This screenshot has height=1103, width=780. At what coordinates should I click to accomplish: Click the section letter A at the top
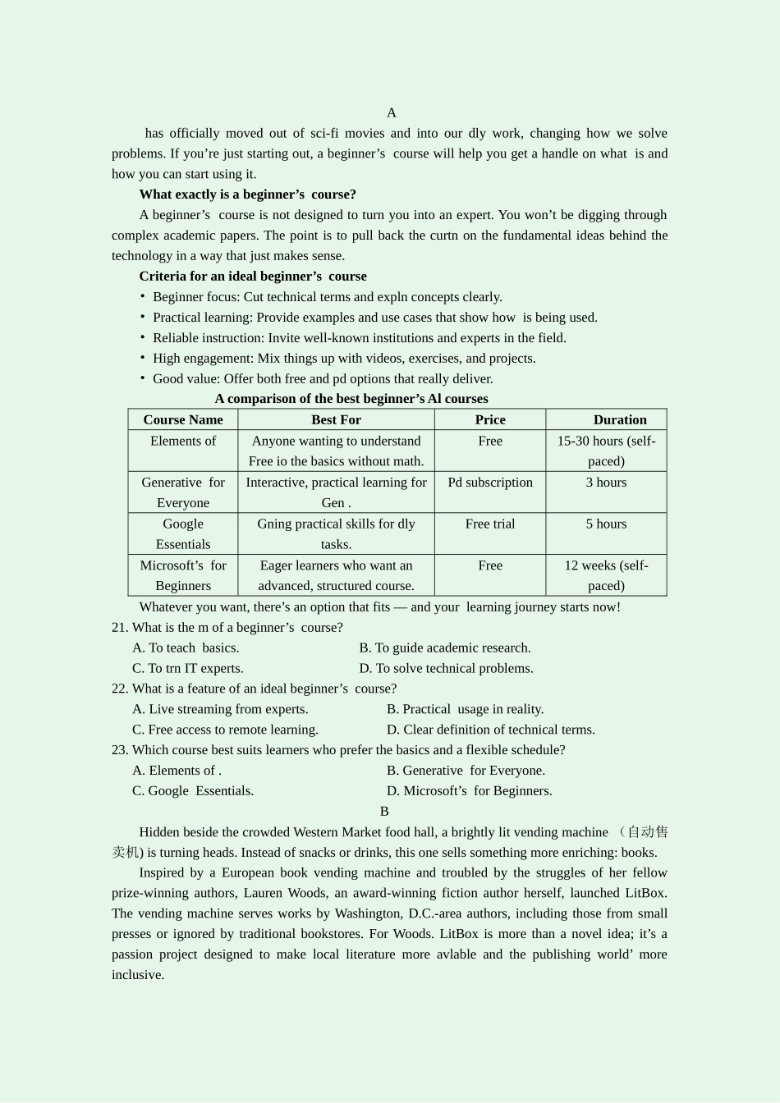pos(392,113)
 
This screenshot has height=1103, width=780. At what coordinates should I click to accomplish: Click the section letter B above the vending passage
pos(384,812)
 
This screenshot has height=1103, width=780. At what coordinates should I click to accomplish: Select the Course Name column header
pos(183,420)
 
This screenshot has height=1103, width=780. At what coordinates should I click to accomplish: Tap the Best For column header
pos(336,420)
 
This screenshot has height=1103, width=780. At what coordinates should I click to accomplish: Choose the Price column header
pos(490,420)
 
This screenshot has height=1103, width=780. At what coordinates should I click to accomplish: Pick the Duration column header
pos(620,420)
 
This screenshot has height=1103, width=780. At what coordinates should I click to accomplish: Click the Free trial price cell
pos(490,524)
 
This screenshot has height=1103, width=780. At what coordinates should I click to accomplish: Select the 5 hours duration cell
pos(606,524)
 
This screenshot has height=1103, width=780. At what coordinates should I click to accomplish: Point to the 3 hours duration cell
pos(606,483)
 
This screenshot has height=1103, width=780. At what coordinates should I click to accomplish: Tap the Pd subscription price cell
pos(490,483)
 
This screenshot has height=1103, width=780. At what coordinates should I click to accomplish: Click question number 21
pos(120,628)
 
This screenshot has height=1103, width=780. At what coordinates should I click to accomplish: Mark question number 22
pos(120,689)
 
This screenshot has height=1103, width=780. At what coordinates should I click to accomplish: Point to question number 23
pos(120,750)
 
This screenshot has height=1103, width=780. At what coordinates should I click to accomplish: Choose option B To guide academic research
pos(445,648)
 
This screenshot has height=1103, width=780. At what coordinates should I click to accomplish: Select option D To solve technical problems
pos(446,669)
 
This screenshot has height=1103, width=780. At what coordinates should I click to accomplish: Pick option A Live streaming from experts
pos(220,710)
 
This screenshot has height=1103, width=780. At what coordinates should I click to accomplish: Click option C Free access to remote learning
pos(225,730)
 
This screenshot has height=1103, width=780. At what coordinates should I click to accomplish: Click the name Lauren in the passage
pos(263,893)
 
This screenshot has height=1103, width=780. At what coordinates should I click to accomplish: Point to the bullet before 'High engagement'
pos(142,358)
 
